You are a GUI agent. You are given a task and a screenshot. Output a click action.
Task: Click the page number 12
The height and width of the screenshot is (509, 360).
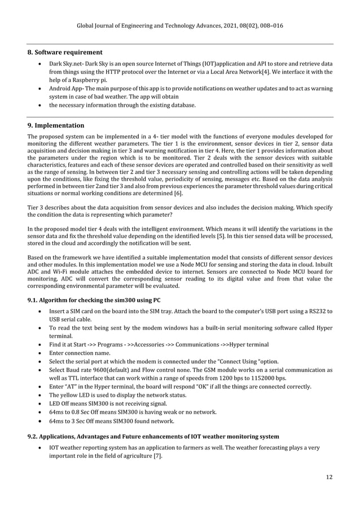pyautogui.click(x=329, y=477)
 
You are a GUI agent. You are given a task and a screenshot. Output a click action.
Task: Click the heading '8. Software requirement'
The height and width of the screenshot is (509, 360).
pyautogui.click(x=65, y=52)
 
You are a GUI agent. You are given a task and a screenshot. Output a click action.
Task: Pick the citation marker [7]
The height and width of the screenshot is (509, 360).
pyautogui.click(x=159, y=455)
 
